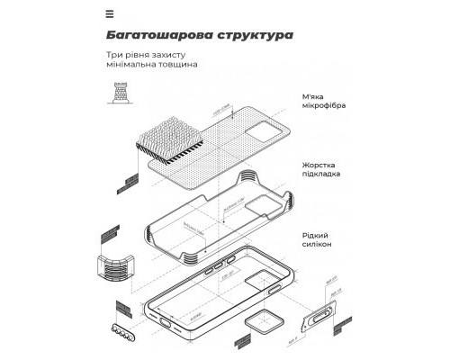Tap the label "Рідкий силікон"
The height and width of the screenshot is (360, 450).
[322, 238]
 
